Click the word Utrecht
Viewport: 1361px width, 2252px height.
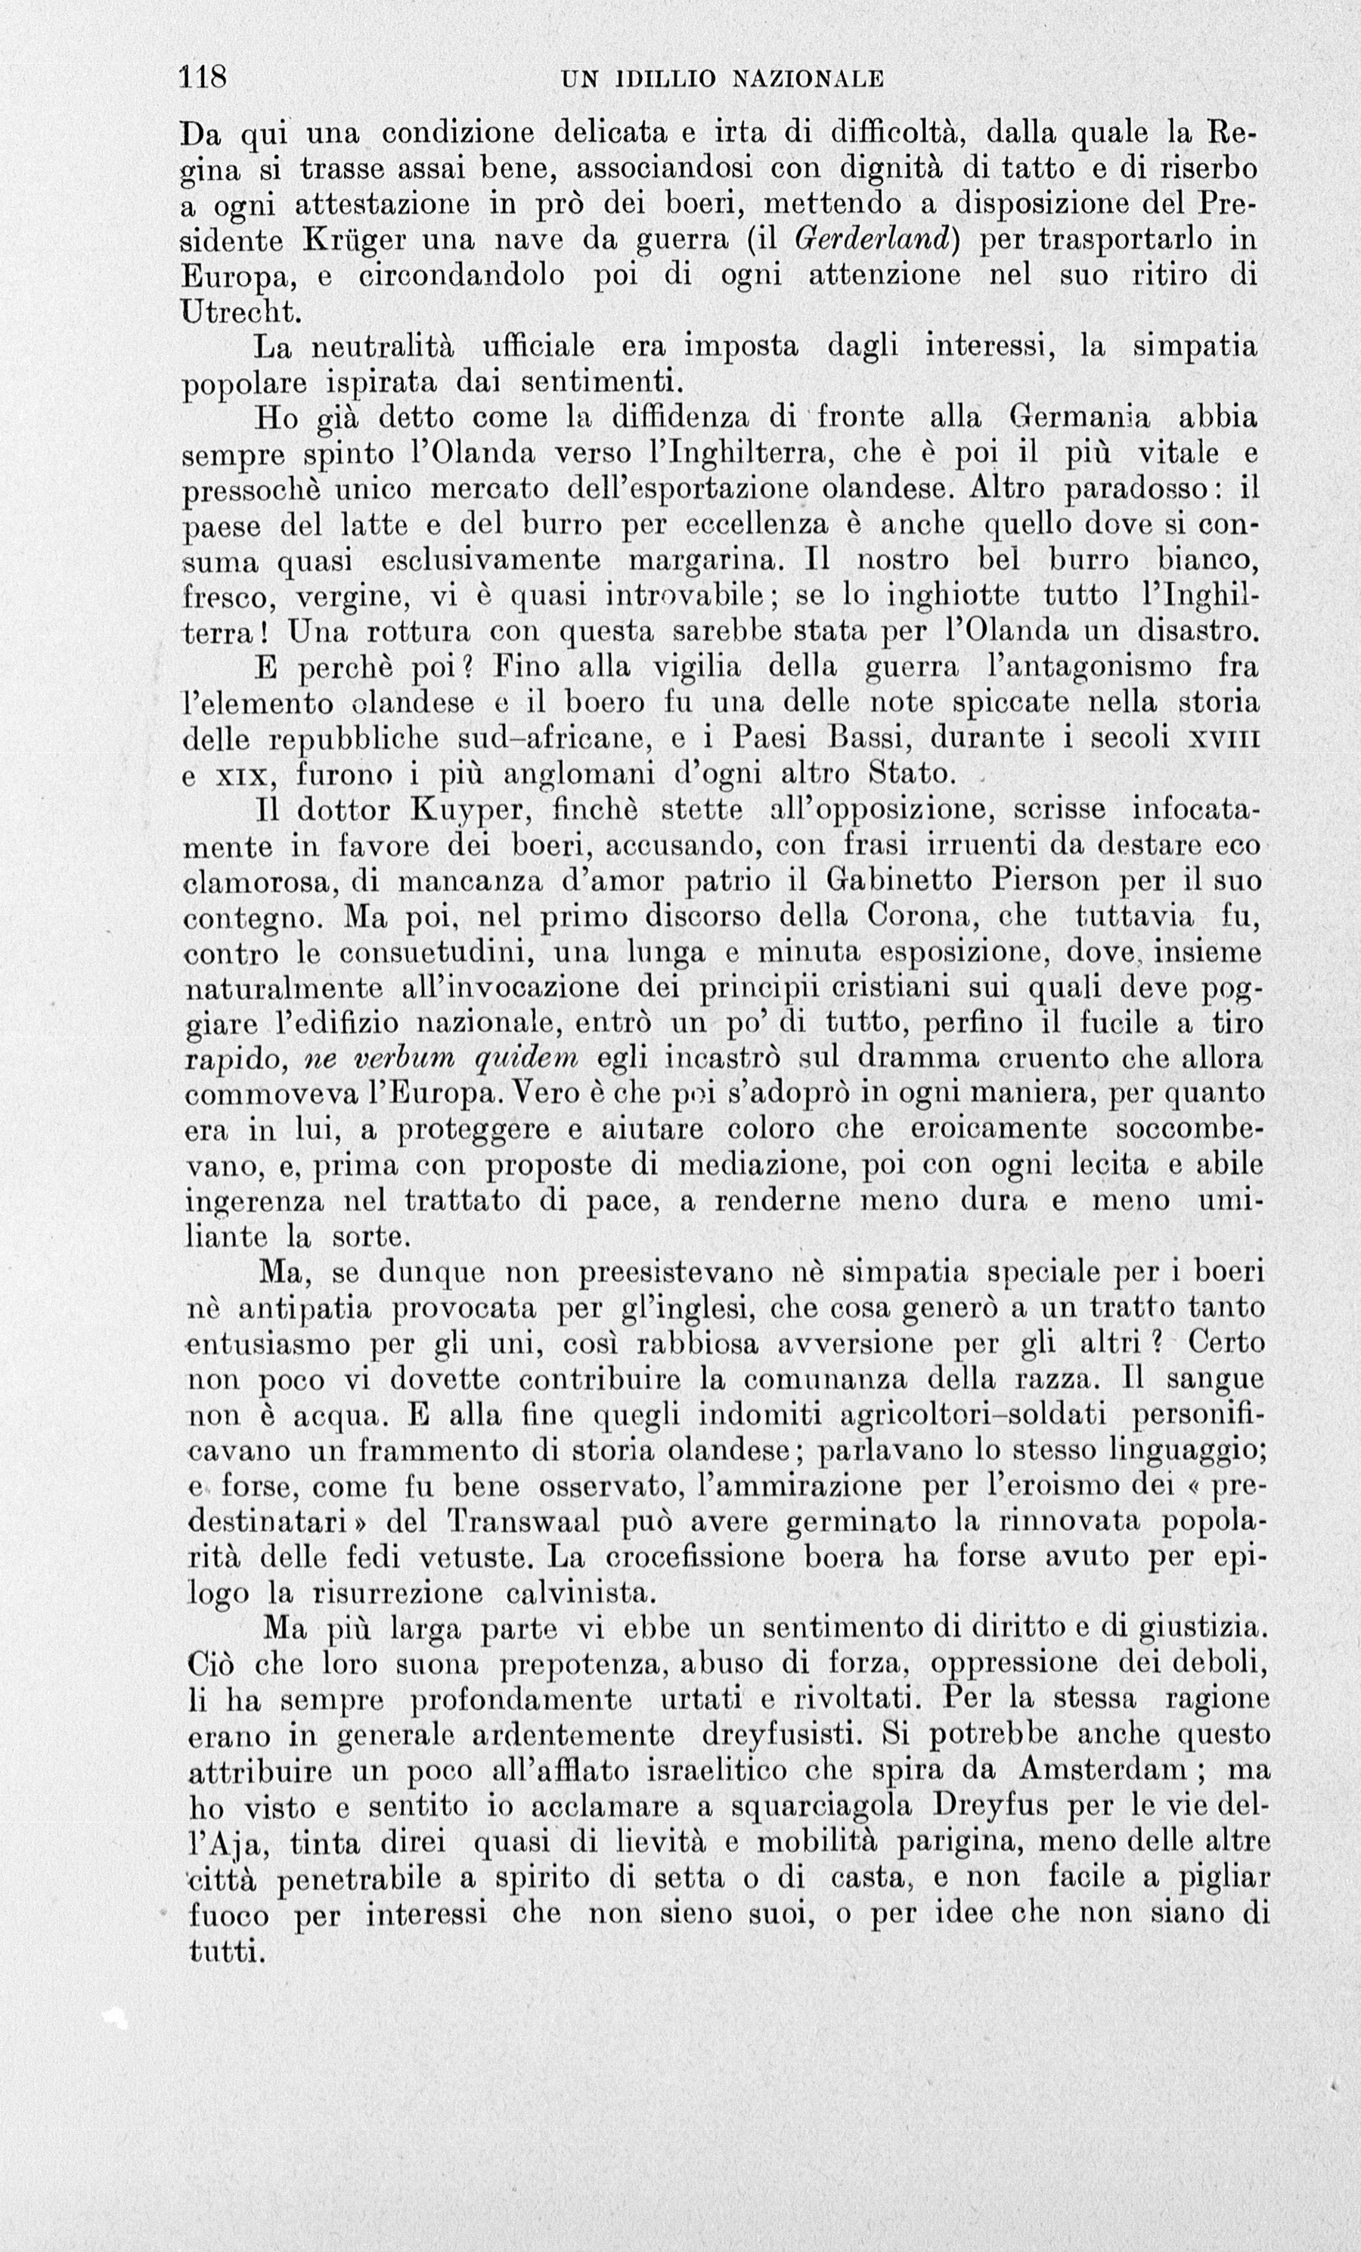coord(240,311)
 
